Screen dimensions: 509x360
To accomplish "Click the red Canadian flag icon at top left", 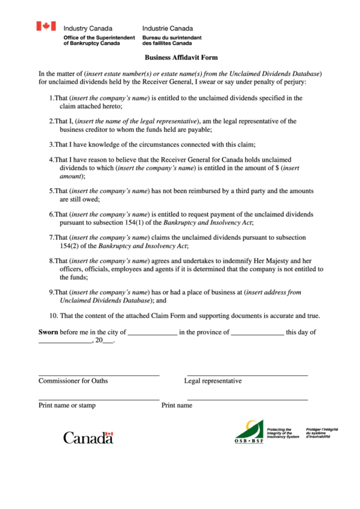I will click(46, 27).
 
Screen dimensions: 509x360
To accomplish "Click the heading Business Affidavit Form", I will click(181, 58).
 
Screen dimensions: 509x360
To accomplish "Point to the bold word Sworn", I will click(48, 332).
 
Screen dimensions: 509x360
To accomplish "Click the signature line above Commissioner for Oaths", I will click(98, 374).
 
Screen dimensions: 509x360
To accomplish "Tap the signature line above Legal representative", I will click(247, 374).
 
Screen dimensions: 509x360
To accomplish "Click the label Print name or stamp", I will click(67, 405).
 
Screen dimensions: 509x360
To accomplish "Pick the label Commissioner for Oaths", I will click(73, 381).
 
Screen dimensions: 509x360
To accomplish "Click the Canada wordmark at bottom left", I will click(88, 438).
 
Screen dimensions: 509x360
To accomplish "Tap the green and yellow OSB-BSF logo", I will click(249, 432).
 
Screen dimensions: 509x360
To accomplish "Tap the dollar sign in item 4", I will click(276, 167).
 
